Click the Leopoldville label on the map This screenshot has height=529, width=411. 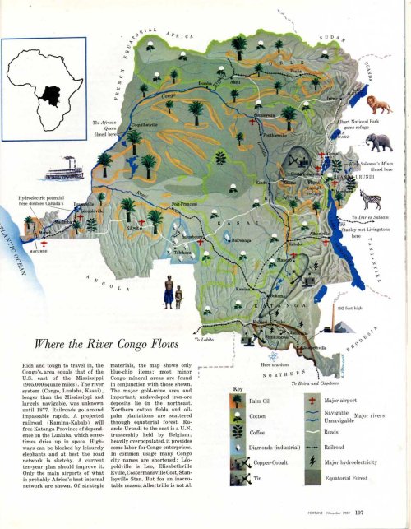click(87, 210)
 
